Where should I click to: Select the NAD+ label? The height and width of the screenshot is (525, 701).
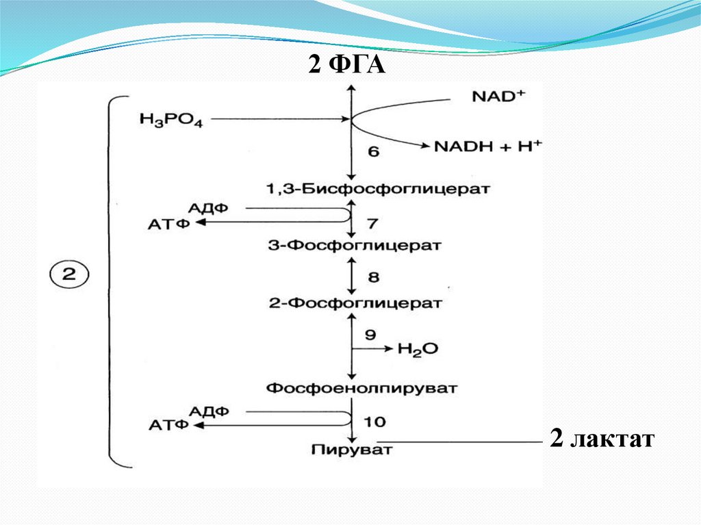[498, 97]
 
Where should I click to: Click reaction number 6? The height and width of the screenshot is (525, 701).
[373, 152]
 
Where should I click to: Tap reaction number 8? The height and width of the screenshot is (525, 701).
[373, 278]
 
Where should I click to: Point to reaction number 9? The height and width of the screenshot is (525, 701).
[370, 335]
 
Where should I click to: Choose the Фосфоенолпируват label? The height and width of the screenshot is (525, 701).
[361, 388]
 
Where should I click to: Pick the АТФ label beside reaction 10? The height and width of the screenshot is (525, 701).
[168, 425]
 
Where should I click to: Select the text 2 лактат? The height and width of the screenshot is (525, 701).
[602, 439]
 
